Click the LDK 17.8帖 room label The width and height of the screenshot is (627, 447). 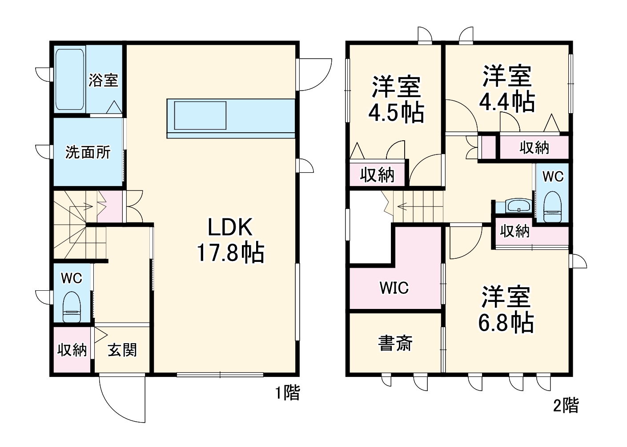coord(230,240)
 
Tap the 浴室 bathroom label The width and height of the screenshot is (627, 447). coord(104,80)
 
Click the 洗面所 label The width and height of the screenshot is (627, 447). coord(88,152)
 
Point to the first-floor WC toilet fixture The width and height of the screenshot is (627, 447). coord(72,307)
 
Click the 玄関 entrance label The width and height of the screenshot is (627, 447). coord(122,350)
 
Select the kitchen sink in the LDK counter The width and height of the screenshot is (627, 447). coord(200,115)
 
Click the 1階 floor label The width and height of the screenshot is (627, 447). coord(287,393)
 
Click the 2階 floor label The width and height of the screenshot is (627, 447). coord(566,405)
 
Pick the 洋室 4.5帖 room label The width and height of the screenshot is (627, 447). coord(396,100)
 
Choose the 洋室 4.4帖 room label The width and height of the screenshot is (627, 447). coord(507,89)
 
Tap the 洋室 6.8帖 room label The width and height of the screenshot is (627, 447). coord(506,310)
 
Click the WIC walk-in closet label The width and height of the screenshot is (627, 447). coord(394,288)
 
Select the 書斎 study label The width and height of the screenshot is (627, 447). coord(395,343)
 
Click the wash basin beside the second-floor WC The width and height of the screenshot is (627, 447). coord(518,206)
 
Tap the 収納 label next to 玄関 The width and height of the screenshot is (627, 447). coord(72,350)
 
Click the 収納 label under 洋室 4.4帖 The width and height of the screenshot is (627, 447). coord(534,147)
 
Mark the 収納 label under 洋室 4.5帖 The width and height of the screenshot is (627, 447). coord(377,175)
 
